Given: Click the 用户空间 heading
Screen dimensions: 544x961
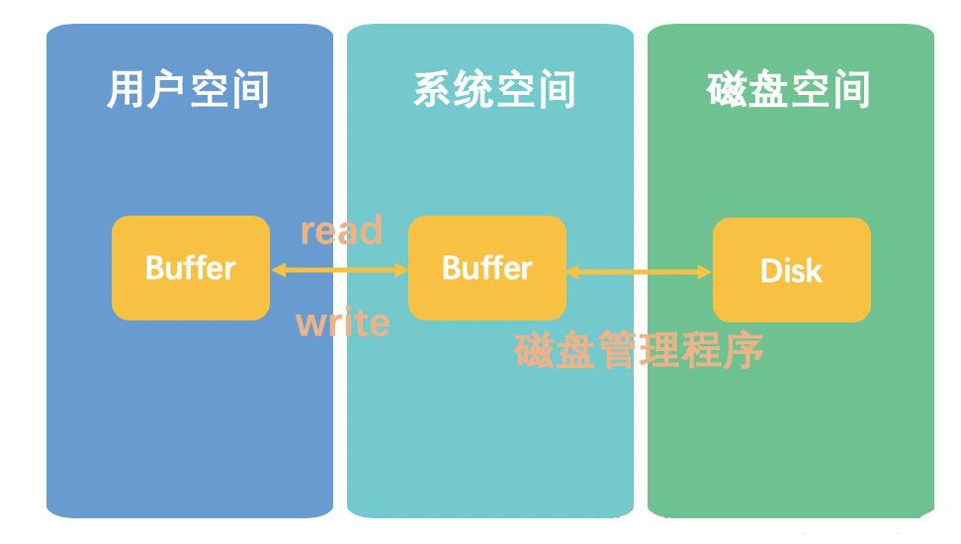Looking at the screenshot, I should coord(188,90).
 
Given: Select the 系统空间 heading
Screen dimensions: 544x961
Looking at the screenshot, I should coord(494,90).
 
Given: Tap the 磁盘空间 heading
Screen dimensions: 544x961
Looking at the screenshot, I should coord(789,90).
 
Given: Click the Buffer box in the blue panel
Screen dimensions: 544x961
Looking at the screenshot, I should coord(191,268).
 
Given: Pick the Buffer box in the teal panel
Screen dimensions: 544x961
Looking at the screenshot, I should coord(487,268).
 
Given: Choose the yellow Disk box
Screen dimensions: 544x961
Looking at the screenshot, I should coord(792,270).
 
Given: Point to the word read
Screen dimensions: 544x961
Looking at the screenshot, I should coord(341,230).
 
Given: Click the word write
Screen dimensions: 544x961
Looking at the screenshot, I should coord(343,322).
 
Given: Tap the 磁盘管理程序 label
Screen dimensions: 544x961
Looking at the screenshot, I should coord(640,350).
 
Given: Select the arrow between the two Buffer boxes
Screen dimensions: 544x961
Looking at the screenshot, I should coord(339,269).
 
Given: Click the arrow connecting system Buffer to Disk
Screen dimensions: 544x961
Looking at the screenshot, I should coord(640,270).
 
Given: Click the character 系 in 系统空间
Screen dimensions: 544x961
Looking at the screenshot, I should coord(433,90).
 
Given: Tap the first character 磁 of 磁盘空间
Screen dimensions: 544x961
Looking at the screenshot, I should coord(728,90).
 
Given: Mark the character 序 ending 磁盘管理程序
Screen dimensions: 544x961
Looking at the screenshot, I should coord(744,350).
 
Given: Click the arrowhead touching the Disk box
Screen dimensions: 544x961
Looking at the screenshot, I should coord(705,270).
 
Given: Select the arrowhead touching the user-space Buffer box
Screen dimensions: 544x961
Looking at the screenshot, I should coord(278,269).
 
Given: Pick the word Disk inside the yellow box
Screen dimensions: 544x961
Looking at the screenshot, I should coord(792,270).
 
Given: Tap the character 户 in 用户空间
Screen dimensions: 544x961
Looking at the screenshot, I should coord(167,90).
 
